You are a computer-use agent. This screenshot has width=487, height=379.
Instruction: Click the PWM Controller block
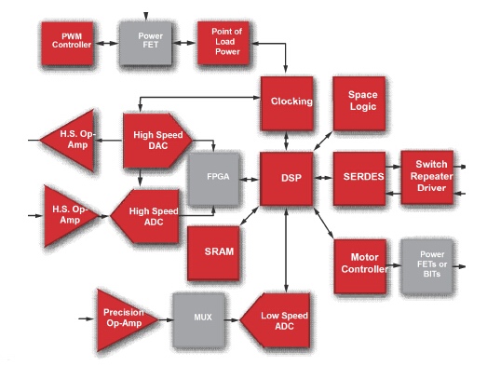(x=67, y=44)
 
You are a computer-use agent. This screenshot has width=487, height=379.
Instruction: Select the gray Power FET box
(x=145, y=43)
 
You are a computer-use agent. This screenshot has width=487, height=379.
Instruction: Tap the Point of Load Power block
(x=223, y=43)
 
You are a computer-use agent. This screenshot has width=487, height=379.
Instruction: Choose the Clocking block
(x=287, y=103)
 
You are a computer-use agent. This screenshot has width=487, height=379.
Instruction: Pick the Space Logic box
(x=359, y=103)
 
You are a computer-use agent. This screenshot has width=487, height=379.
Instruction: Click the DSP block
(x=287, y=179)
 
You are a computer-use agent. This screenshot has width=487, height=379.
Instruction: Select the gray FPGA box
(x=214, y=179)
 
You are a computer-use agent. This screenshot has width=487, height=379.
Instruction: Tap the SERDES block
(x=359, y=179)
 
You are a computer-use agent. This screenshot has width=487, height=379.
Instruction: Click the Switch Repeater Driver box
(x=427, y=177)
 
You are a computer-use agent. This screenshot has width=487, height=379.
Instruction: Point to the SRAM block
(x=213, y=253)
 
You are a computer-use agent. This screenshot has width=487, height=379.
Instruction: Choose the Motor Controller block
(x=360, y=266)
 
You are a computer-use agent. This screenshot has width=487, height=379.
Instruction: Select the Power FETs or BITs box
(x=426, y=266)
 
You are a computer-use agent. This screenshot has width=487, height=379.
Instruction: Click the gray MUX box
(x=198, y=320)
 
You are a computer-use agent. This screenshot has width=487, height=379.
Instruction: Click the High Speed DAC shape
(x=156, y=141)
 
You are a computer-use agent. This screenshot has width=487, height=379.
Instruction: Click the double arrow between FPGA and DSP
(x=250, y=179)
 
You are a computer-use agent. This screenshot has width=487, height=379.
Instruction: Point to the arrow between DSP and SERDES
(x=323, y=178)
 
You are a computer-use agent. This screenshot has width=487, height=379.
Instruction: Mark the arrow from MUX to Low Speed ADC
(x=232, y=320)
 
